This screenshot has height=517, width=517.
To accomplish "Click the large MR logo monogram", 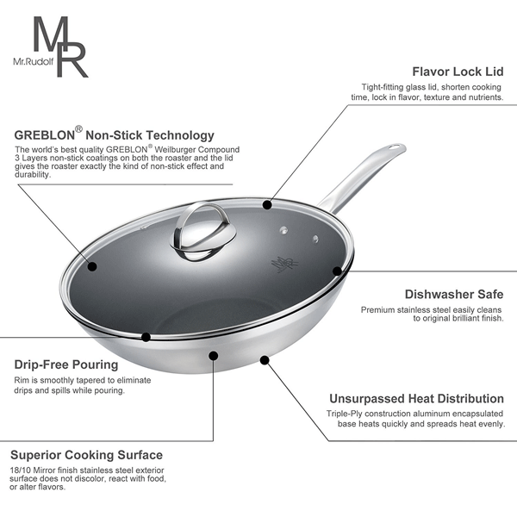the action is click(60, 47).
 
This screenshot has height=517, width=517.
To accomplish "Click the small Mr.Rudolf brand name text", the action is click(34, 61).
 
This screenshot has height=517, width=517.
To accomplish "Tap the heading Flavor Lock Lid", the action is click(458, 72).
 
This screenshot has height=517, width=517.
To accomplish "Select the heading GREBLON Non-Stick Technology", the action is click(114, 134).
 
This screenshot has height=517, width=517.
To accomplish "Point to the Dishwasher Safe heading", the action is click(454, 294).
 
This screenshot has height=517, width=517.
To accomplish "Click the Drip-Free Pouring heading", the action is click(66, 364).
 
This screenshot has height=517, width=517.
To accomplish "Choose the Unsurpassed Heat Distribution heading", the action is click(416, 399).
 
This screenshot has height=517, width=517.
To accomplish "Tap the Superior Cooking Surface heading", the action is click(86, 455).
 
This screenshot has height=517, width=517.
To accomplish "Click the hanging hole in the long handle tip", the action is click(394, 148).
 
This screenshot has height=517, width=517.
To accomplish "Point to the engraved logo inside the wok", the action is click(284, 264).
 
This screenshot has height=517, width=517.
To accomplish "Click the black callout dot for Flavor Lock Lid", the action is click(267, 205).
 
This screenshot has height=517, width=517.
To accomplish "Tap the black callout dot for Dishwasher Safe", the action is click(337, 271).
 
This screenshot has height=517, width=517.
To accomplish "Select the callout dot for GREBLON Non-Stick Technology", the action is click(92, 266).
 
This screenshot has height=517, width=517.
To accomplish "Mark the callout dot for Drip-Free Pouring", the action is click(146, 337).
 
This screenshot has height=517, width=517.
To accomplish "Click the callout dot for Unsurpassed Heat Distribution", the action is click(265, 359).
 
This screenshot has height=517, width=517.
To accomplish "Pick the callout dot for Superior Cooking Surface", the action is click(214, 355).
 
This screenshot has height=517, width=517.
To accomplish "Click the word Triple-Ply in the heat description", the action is click(344, 414).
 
